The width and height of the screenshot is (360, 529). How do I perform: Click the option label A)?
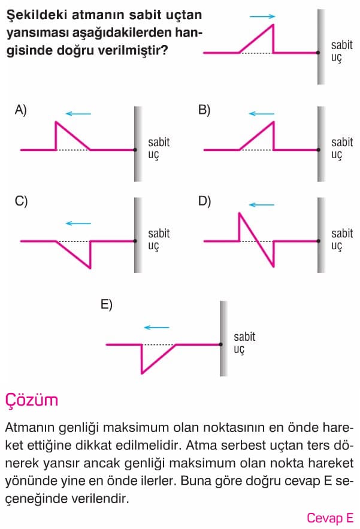pyautogui.click(x=20, y=110)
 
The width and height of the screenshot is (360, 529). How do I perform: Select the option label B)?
pyautogui.click(x=204, y=110)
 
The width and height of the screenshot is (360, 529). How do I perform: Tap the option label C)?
pyautogui.click(x=21, y=201)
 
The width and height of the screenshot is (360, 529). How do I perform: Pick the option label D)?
pyautogui.click(x=204, y=201)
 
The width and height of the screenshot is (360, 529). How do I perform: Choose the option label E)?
pyautogui.click(x=106, y=305)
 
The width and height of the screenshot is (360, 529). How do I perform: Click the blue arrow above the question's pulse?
pyautogui.click(x=262, y=16)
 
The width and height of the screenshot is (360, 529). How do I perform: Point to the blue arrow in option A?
pyautogui.click(x=78, y=114)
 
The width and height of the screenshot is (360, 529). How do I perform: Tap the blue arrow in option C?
pyautogui.click(x=78, y=223)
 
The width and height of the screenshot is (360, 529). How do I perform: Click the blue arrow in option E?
pyautogui.click(x=156, y=327)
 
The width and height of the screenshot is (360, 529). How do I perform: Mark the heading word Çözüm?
pyautogui.click(x=31, y=400)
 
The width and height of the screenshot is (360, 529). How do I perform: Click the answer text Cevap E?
pyautogui.click(x=330, y=518)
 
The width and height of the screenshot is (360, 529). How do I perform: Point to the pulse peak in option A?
pyautogui.click(x=56, y=122)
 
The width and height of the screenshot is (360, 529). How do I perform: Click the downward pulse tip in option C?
pyautogui.click(x=90, y=268)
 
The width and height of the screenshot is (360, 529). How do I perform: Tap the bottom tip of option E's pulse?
pyautogui.click(x=142, y=373)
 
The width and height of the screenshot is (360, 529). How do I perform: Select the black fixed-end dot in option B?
pyautogui.click(x=318, y=150)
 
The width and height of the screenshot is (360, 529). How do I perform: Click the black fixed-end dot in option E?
pyautogui.click(x=221, y=344)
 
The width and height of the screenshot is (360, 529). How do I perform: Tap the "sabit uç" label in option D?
pyautogui.click(x=342, y=240)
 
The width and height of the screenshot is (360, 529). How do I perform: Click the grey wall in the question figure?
pyautogui.click(x=321, y=47)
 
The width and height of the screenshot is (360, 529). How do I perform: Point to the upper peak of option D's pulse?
pyautogui.click(x=239, y=213)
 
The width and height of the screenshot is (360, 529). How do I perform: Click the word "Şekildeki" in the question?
pyautogui.click(x=37, y=16)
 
